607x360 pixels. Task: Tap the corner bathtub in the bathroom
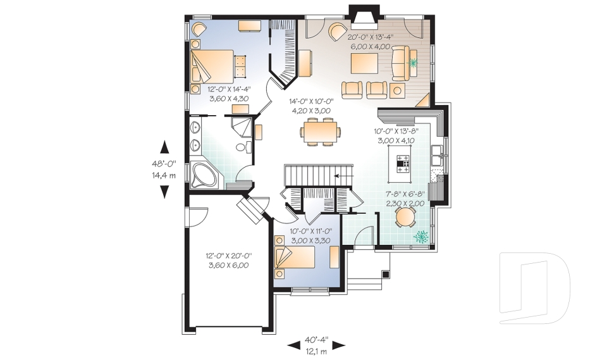[x=204, y=175]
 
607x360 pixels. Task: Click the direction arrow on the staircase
[x=342, y=175]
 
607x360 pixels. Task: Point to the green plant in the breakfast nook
[x=420, y=236]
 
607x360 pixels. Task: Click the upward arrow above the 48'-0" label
[x=164, y=147]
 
